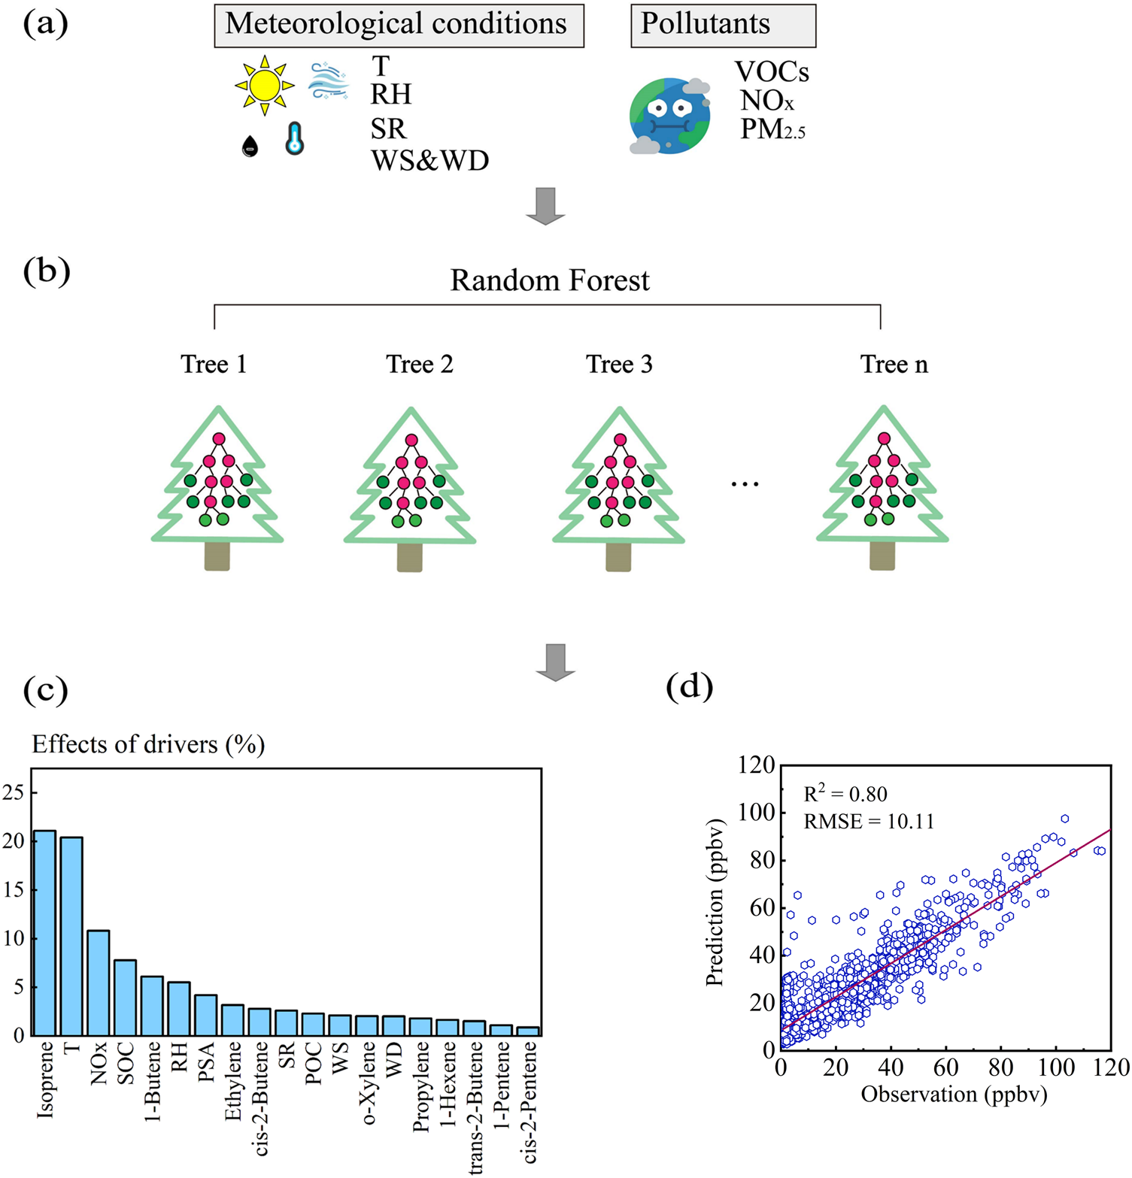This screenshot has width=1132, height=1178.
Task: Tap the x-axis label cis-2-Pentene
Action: pos(530,1101)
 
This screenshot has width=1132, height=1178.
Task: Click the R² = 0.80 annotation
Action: pos(845,794)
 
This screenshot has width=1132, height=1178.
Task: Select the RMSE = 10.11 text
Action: pos(869,821)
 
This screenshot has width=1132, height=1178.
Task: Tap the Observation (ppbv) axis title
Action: pos(954,1094)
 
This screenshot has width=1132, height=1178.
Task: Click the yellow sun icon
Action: pos(265,86)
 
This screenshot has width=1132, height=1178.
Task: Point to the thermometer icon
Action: pos(294,139)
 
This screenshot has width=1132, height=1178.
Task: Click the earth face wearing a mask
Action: pos(669,116)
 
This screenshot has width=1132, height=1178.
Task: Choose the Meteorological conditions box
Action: pos(399,25)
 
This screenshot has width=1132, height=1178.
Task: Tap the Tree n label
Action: pos(894,365)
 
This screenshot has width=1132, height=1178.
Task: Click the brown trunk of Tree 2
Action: pos(410,557)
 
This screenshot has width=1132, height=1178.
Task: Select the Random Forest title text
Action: pos(550,280)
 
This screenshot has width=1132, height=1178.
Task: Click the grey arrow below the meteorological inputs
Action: pos(545,205)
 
